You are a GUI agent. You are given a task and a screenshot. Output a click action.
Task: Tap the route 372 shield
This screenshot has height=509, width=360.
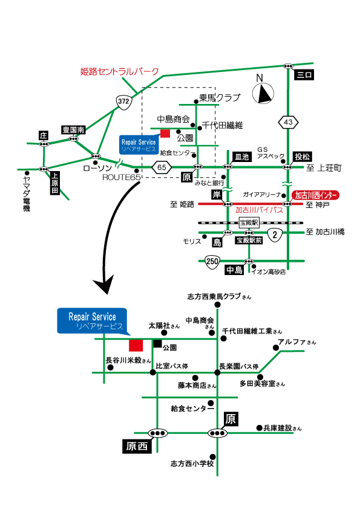coord(124,102)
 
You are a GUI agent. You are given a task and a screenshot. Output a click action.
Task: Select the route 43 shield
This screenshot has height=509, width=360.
coord(288,123)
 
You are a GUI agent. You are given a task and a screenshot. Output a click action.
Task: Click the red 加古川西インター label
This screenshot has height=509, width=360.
coord(316,195)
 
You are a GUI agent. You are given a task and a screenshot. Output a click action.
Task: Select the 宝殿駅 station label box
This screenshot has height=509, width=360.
coord(249,222)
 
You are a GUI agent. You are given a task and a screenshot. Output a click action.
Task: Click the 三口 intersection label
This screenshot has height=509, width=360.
coord(303,75)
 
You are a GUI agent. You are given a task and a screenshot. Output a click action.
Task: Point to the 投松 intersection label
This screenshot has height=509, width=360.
coord(301,157)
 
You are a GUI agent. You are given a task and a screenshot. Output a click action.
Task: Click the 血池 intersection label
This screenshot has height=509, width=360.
coord(241,157)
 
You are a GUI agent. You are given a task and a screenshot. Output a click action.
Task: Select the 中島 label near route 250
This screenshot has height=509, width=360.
coord(234,270)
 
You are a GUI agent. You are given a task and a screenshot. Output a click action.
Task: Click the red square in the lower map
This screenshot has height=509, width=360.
coord(136,345)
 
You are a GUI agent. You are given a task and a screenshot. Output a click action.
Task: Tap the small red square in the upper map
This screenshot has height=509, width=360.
coord(165,134)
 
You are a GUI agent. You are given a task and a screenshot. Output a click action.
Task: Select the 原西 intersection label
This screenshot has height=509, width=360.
coord(136,447)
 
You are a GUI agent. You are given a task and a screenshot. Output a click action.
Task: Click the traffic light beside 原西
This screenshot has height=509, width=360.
coord(158,433)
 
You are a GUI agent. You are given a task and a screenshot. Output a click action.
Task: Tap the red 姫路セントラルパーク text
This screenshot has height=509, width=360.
coord(120,71)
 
